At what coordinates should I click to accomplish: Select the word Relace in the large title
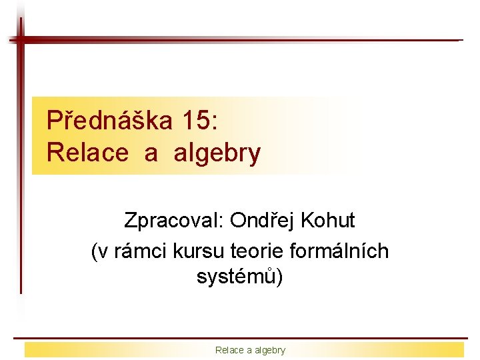click(87, 153)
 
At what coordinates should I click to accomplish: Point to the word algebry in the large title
click(217, 153)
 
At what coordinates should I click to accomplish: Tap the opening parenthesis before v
click(94, 251)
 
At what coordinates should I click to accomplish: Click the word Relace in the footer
click(228, 350)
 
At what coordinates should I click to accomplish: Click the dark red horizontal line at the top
click(240, 40)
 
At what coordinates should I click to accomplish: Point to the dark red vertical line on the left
click(21, 167)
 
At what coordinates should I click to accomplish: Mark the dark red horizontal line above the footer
click(240, 338)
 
